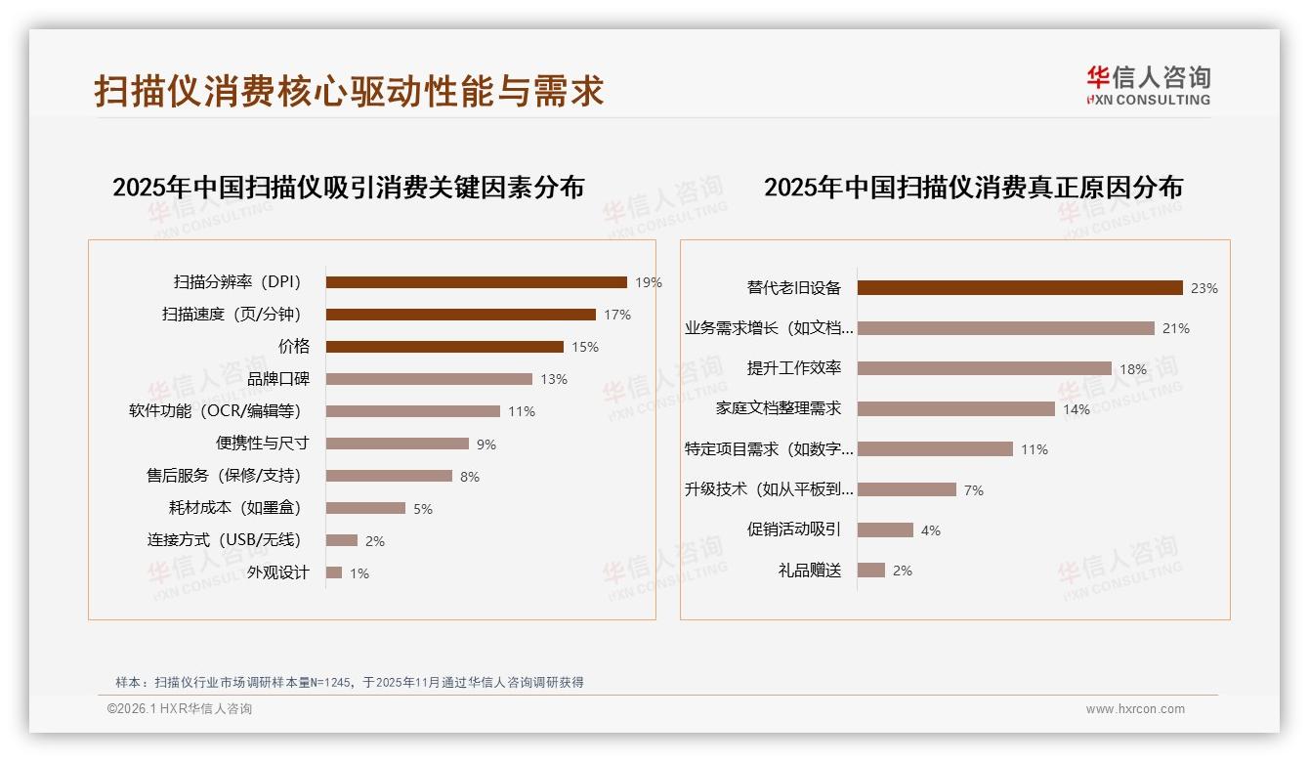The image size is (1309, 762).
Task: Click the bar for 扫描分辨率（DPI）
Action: pos(476,282)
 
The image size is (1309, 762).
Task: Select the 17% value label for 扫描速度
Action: pos(617,315)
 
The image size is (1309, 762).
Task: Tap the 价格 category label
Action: pos(293,347)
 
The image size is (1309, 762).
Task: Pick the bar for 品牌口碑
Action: pos(429,379)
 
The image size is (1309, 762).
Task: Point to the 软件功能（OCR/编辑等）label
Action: pos(215,411)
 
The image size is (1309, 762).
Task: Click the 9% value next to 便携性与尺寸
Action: pos(486,444)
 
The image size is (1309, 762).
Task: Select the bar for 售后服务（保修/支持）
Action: pos(389,476)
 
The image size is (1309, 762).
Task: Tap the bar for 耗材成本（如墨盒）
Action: pos(365,508)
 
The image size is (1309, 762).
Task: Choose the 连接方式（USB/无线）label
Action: pos(224,540)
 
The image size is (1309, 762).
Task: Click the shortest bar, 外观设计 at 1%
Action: pos(334,572)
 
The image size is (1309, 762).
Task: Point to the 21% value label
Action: pos(1176,328)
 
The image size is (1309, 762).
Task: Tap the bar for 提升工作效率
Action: pos(985,368)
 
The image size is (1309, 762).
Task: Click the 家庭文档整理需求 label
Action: pos(778,408)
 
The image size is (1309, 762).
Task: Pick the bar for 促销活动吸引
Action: pos(885,529)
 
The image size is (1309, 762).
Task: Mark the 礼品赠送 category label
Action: pos(809,571)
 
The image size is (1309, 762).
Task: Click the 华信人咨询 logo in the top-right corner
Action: pos(1148,85)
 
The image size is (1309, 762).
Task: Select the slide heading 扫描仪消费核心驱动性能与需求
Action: pos(349,91)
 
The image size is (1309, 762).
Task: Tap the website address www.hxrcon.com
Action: pos(1135,709)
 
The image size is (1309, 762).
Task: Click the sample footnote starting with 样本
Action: pos(349,682)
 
